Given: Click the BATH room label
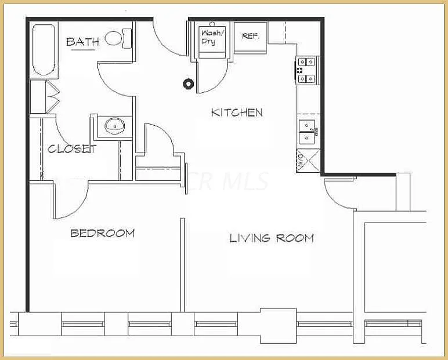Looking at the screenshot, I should (x=83, y=42).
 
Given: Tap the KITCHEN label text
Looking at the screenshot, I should (x=237, y=112).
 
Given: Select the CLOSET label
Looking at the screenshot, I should (x=71, y=149).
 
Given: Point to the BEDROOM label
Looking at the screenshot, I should (x=103, y=234).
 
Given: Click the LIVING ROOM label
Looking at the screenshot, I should (x=272, y=238).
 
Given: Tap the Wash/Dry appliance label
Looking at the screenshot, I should (x=208, y=37).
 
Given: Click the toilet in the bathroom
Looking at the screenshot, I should (x=120, y=38).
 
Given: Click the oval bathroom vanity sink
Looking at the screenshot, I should (x=114, y=125).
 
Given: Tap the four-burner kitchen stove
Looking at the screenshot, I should (x=308, y=70).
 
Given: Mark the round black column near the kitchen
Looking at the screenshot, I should (x=188, y=83).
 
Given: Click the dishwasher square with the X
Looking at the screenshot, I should (x=308, y=161).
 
